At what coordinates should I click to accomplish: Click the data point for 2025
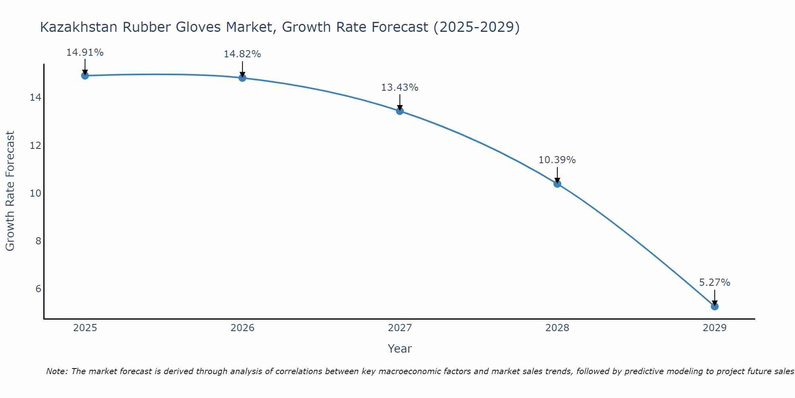click(85, 76)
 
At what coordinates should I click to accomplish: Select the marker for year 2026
click(242, 78)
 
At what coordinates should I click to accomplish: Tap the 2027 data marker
click(399, 111)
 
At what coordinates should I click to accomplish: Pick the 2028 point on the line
click(557, 183)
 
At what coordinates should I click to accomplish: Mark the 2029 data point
click(714, 306)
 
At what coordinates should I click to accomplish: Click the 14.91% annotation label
click(85, 53)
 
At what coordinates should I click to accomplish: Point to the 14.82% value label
click(242, 54)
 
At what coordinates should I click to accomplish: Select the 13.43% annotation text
click(399, 88)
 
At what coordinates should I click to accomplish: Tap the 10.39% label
click(557, 160)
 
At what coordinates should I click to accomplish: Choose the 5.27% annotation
click(714, 283)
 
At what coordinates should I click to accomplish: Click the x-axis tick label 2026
click(242, 328)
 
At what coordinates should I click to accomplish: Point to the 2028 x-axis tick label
click(557, 328)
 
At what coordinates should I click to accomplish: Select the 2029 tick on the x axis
click(714, 328)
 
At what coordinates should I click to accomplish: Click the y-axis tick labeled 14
click(35, 98)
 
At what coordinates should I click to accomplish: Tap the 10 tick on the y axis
click(35, 193)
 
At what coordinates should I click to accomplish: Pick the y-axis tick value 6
click(38, 289)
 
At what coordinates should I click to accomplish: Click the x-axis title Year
click(399, 349)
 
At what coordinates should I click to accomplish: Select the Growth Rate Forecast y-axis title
click(10, 191)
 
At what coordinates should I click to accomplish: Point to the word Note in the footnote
click(57, 371)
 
